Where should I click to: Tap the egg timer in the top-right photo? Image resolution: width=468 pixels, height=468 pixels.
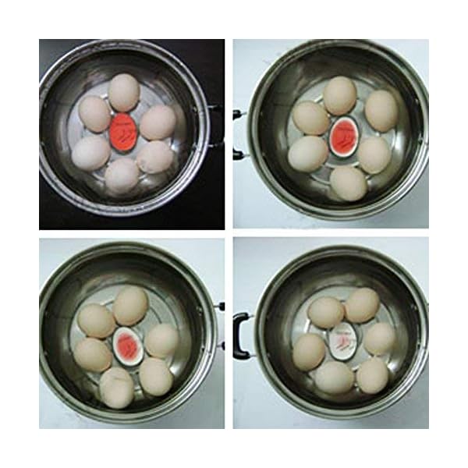pos(341,134)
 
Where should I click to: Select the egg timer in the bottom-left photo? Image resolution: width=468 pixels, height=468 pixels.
pos(126,344)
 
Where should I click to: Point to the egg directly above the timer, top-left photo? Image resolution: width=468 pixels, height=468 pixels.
pos(123,92)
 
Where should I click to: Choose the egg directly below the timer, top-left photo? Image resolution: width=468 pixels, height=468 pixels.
pos(122,175)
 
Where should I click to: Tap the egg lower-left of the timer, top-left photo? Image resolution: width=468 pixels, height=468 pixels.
pos(91,152)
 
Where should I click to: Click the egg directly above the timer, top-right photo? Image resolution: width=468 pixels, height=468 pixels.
pos(340,95)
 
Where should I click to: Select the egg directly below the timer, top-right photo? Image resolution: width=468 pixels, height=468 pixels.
pos(348,183)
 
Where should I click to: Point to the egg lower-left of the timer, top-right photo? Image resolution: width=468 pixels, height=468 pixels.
pos(307,154)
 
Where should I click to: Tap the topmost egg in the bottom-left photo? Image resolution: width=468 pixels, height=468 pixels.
pos(130,305)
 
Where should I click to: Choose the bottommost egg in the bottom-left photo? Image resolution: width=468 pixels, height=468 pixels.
pos(117,388)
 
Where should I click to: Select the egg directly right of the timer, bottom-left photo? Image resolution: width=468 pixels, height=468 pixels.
pos(161,341)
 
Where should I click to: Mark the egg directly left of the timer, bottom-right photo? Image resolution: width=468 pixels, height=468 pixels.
pos(309,352)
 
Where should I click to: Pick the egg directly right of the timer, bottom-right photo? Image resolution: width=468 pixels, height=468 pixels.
pos(379,339)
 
